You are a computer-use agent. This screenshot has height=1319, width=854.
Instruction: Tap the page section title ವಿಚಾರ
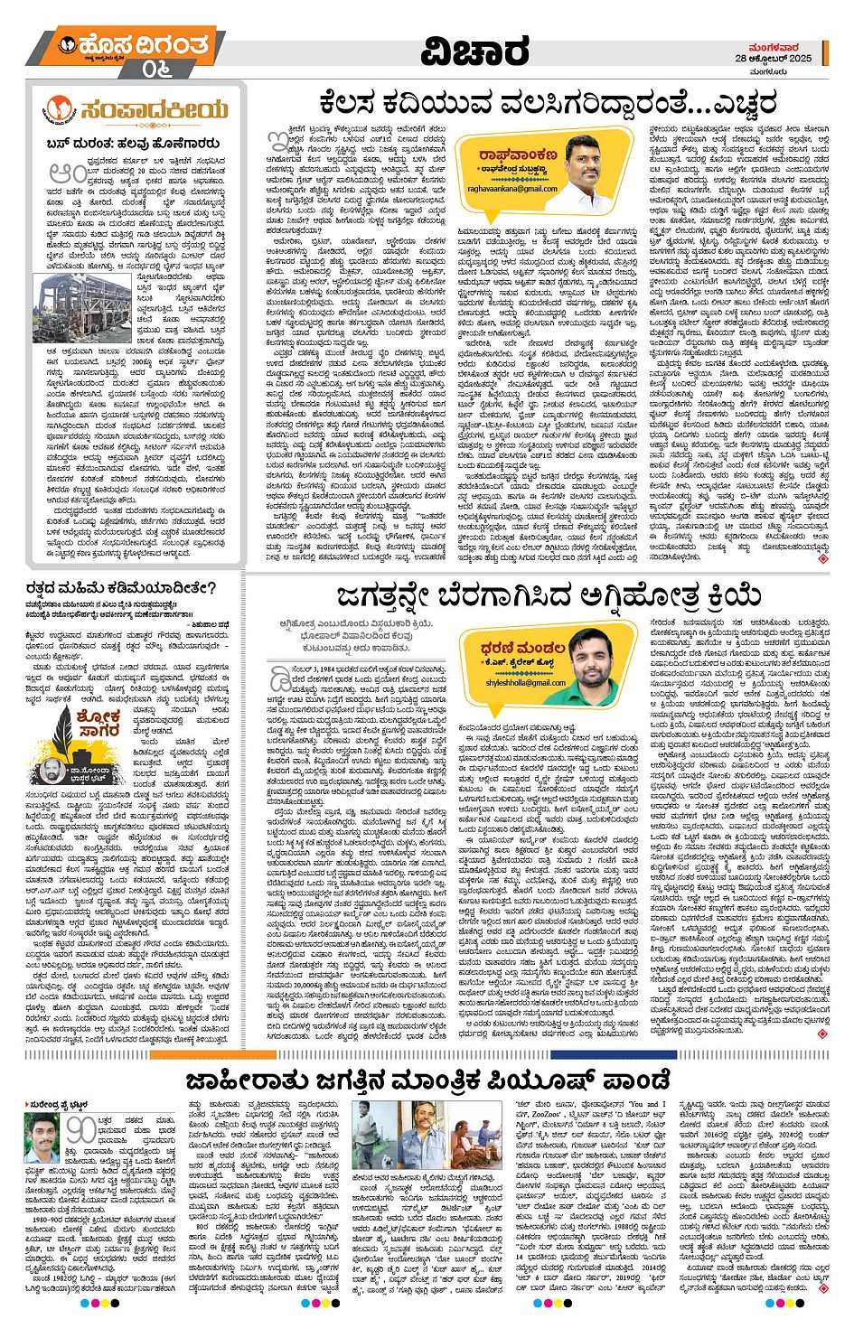click(x=475, y=52)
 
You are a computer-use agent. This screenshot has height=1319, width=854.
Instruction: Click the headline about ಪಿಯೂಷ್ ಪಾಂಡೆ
click(x=428, y=1080)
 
